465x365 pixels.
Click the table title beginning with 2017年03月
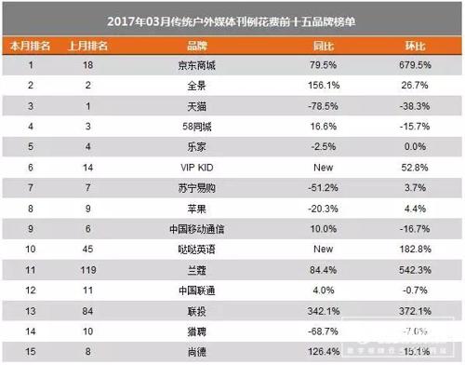click(232, 17)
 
